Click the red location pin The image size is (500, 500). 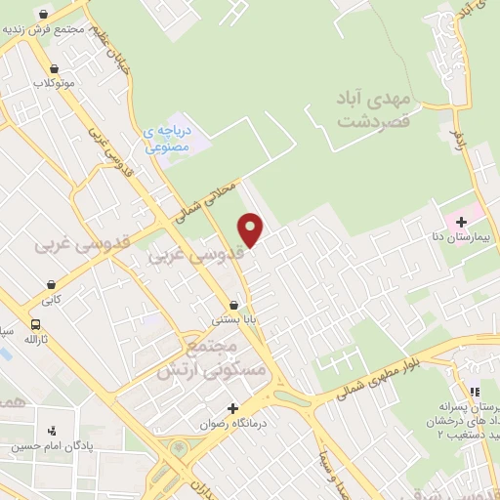point(252,229)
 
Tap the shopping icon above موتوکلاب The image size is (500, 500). point(54,69)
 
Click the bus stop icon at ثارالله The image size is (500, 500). point(36,325)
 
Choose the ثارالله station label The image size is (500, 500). point(36,340)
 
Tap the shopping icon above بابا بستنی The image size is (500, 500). point(233,304)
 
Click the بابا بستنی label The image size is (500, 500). point(234,318)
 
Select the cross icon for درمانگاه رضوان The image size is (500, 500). point(231,407)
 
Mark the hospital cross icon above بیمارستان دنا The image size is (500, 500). point(461,222)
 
